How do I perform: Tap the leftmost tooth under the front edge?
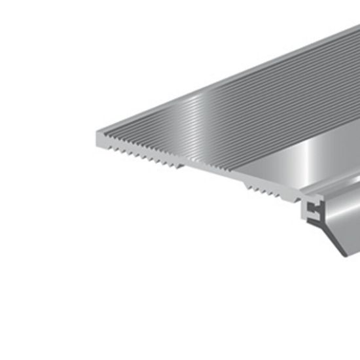point(110,148)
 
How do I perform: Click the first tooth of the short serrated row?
point(247,188)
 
